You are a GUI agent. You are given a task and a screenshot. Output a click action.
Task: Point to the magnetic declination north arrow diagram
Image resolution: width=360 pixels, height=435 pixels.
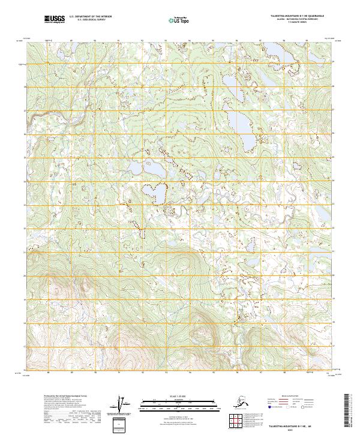(x=122, y=406)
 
